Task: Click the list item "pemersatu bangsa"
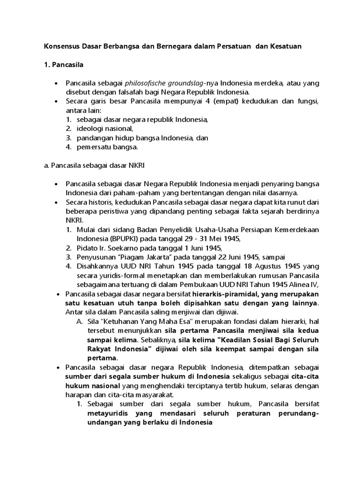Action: click(107, 147)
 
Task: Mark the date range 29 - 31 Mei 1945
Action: click(206, 238)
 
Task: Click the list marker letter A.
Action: click(79, 321)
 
